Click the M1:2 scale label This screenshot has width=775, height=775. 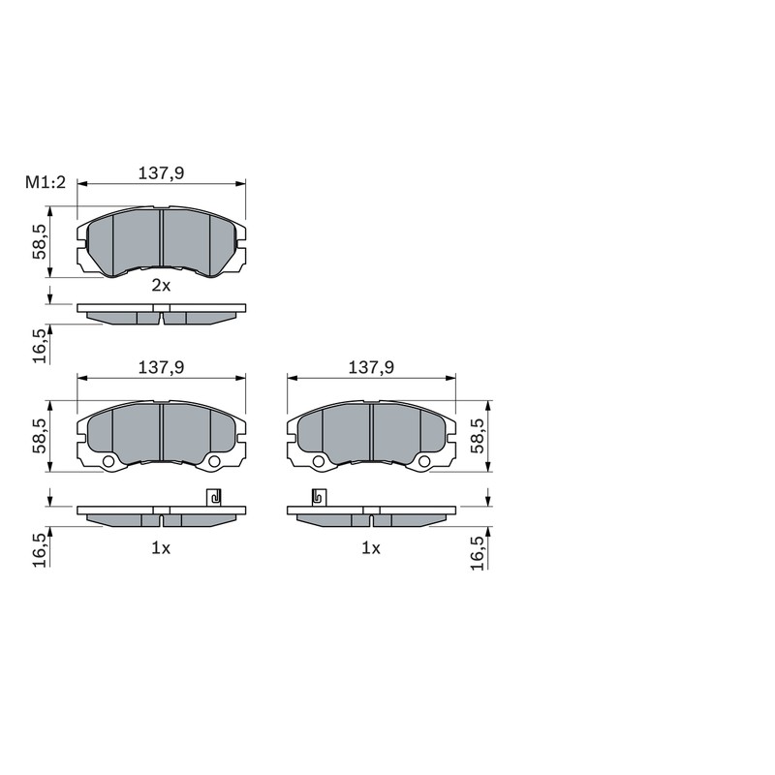point(46,183)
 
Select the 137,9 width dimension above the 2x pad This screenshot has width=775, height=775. point(161,173)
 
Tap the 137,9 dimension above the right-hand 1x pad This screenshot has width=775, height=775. point(371,367)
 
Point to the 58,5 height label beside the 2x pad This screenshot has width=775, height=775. point(39,241)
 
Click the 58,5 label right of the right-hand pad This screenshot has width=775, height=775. point(478,435)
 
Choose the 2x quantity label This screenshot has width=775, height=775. point(161,285)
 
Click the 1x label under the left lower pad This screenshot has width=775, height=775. point(161,547)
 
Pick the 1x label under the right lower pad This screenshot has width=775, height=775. point(371,547)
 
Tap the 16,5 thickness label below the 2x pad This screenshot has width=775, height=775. point(40,346)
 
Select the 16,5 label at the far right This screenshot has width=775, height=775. point(478,553)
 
